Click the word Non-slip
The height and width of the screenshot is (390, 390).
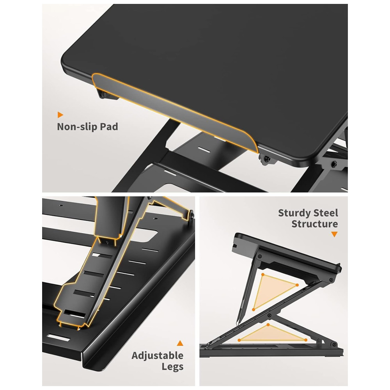(x=77, y=127)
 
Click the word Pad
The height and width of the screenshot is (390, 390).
(x=109, y=127)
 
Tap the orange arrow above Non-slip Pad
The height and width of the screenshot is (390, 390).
(x=60, y=115)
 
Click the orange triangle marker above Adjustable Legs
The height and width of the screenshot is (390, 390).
(x=180, y=343)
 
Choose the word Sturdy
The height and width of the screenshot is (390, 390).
(x=294, y=213)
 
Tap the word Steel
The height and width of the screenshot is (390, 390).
(x=326, y=213)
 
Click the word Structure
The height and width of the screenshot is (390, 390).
(x=315, y=224)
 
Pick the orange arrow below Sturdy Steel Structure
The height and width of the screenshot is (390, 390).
(x=334, y=234)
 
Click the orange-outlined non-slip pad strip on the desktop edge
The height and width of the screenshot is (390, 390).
(x=174, y=112)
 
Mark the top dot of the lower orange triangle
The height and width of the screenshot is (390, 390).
(x=268, y=325)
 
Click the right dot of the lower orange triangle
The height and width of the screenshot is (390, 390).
(x=306, y=340)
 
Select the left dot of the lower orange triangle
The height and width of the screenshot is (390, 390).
(x=239, y=340)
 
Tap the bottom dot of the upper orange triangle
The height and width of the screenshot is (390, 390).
(x=253, y=309)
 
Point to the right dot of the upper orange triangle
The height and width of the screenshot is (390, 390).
(x=297, y=285)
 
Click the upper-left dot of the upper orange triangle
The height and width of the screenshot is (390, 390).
(x=262, y=275)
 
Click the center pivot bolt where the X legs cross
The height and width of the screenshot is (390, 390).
(x=269, y=316)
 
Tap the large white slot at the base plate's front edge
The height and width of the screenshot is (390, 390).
(x=58, y=338)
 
